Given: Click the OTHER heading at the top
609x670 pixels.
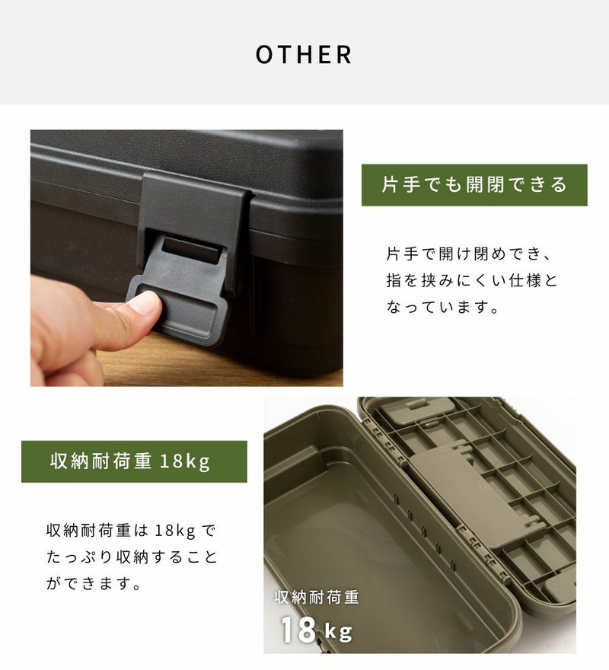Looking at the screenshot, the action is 304,54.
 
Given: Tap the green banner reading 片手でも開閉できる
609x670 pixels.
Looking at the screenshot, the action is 474,185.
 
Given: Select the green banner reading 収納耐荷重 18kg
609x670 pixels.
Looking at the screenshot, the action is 134,461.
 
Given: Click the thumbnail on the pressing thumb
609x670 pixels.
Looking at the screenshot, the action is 145,302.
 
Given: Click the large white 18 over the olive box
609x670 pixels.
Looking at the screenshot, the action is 298,630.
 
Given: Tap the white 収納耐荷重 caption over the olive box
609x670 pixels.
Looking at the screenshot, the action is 317,597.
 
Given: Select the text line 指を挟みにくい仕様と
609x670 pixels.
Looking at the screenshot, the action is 472,280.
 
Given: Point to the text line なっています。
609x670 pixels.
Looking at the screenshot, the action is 442,307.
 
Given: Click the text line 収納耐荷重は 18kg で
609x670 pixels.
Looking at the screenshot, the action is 132,531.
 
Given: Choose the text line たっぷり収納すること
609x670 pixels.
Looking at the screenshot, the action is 132,557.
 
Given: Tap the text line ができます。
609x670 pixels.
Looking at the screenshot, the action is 93,583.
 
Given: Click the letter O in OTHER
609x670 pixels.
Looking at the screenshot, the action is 265,54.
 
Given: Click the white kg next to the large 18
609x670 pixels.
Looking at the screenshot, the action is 339,631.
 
